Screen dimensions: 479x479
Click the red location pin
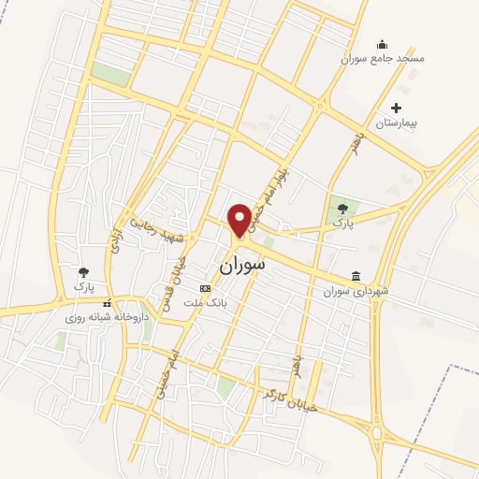coord(239,219)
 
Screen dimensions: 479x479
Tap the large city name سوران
coord(242,265)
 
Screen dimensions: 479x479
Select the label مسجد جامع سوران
coord(383,59)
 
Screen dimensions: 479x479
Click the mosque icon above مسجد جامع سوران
coord(381,43)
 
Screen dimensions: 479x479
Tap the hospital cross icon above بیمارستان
coord(397,108)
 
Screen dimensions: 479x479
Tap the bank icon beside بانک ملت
coord(206,289)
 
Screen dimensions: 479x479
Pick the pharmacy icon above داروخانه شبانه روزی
coord(108,303)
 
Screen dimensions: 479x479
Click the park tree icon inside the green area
coord(342,209)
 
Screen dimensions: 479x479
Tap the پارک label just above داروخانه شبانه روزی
coord(84,284)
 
